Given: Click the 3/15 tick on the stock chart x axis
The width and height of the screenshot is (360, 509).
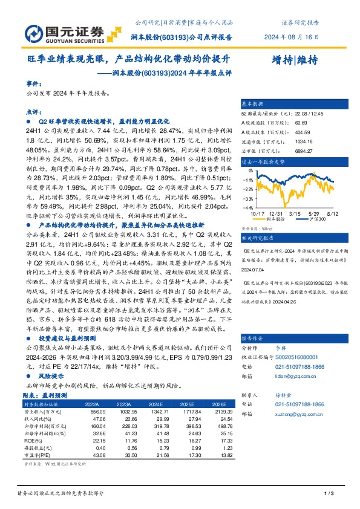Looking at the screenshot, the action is pos(295,214).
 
